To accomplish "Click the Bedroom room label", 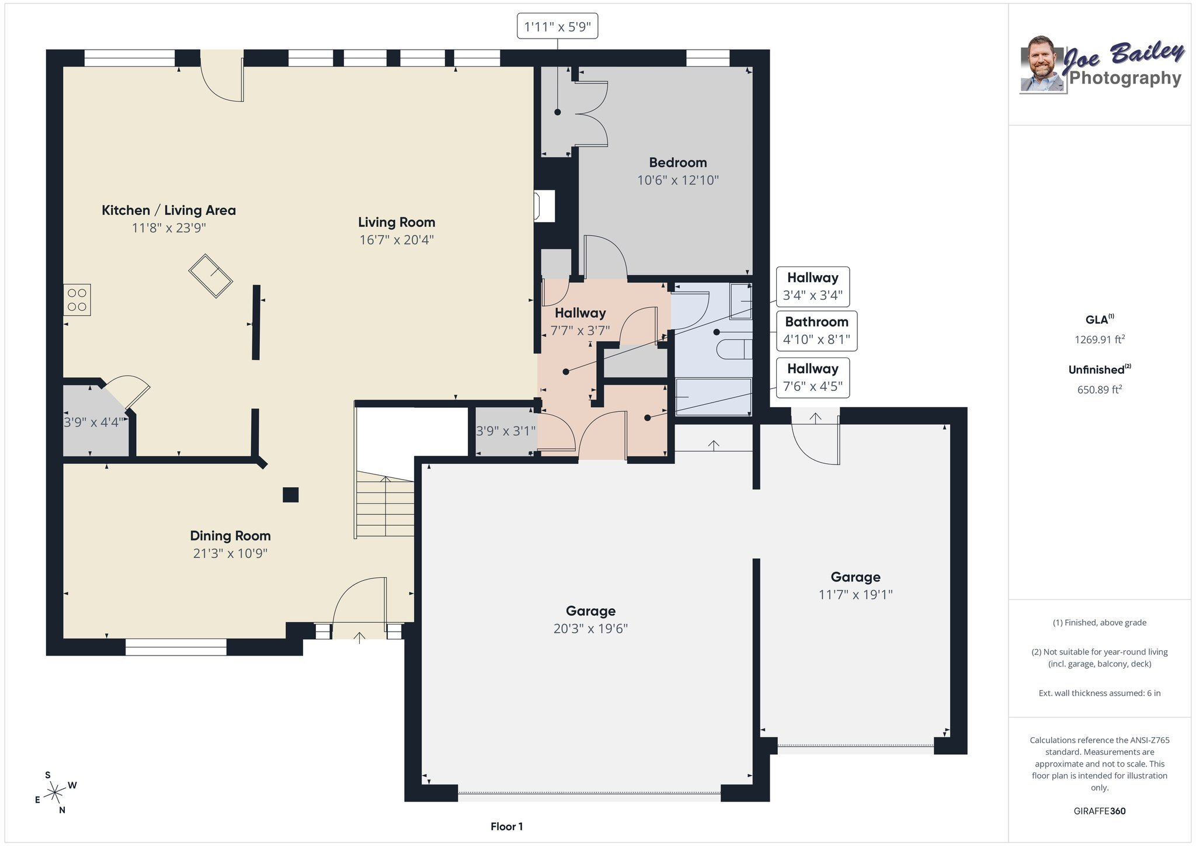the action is [677, 162].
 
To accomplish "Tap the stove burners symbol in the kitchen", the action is [77, 300].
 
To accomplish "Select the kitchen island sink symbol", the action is [211, 276].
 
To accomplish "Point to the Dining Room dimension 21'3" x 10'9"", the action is [230, 553].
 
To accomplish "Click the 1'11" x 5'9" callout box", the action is [558, 27].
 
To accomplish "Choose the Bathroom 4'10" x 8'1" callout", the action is [816, 331].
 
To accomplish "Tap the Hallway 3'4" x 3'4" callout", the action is [812, 286].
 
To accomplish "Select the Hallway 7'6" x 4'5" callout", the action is [812, 378].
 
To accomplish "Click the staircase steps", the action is [385, 505].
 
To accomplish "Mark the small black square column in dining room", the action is [291, 495].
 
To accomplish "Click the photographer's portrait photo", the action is [1043, 64].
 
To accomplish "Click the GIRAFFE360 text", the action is [1100, 811].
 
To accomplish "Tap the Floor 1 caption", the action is [506, 826].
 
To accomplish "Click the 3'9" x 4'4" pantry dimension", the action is [93, 422].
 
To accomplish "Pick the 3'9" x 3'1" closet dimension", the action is [506, 431].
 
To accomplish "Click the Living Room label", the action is [397, 222].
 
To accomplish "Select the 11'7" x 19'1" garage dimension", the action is [856, 595].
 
